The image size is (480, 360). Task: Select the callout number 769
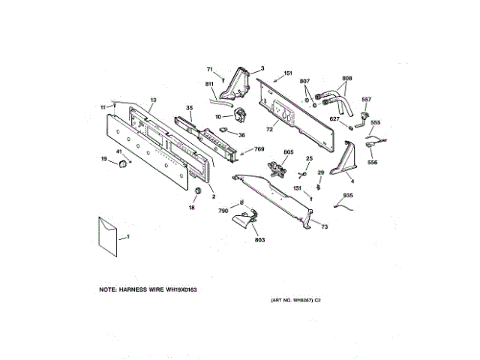coord(259,148)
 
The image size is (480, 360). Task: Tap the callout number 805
coord(287,152)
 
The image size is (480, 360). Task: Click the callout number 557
coord(367,100)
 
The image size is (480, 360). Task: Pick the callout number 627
coord(334,118)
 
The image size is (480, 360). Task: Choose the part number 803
coord(260,240)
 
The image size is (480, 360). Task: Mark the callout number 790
coord(223,211)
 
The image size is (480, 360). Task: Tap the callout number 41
coord(119,153)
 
